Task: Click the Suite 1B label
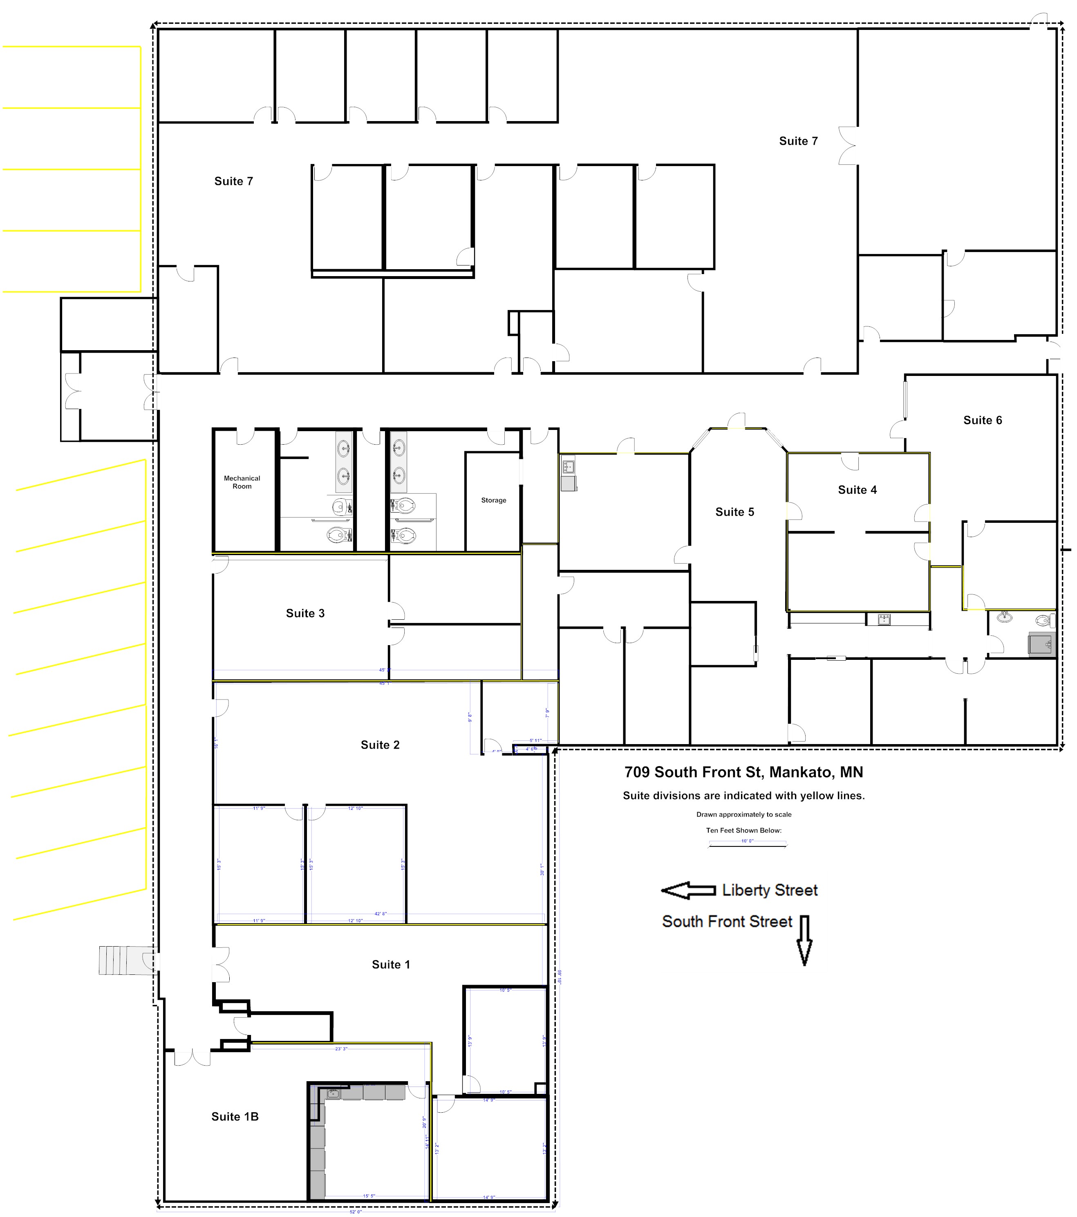pos(235,1116)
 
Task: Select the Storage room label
pos(493,500)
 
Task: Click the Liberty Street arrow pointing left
pos(688,890)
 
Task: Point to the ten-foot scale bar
pos(747,844)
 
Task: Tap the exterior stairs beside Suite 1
pos(122,961)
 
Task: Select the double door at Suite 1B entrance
pos(192,1057)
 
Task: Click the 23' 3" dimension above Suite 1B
pos(341,1048)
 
